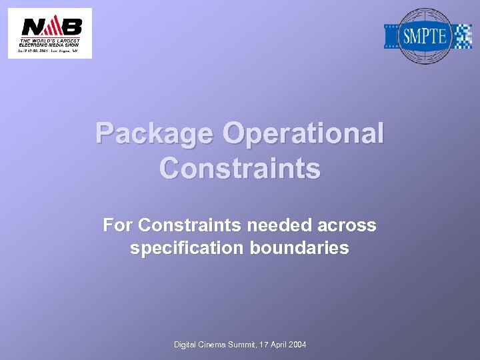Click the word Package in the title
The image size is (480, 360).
coord(155,134)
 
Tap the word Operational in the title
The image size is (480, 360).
coord(303,134)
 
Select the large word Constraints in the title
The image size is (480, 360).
coord(240,168)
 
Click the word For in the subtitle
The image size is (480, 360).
coord(117,226)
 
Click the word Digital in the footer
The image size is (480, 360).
coord(185,344)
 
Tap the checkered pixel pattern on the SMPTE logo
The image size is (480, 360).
coord(462,36)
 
